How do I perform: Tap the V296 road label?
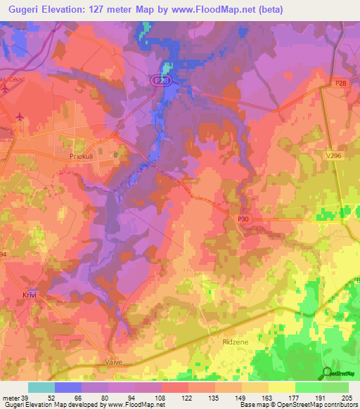click(x=333, y=157)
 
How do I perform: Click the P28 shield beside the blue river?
click(x=161, y=81)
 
